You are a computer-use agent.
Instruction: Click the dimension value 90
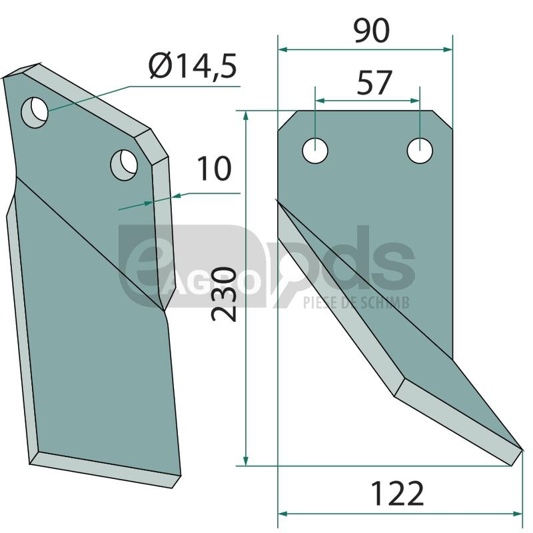371,31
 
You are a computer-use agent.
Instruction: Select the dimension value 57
374,83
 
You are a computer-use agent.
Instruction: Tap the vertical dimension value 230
223,294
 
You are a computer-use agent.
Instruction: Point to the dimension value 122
397,493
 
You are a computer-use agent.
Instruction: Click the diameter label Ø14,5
193,65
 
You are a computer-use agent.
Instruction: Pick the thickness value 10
214,169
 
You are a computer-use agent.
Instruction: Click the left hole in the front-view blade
315,151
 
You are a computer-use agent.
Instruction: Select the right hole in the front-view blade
420,151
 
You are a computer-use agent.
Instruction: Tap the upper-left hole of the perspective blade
35,113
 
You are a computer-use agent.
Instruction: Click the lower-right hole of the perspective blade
124,165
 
